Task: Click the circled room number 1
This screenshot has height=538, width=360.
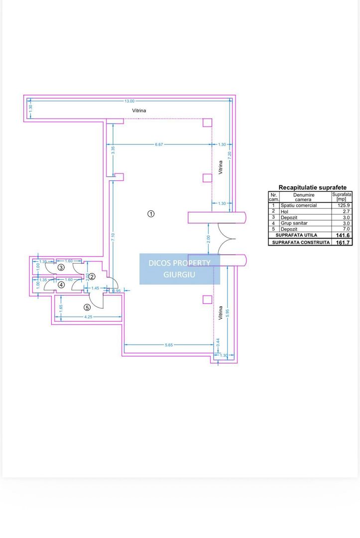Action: click(151, 214)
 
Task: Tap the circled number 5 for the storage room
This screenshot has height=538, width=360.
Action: click(87, 307)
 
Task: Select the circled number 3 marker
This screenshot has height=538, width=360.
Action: click(61, 268)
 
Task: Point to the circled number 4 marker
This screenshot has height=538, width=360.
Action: click(61, 285)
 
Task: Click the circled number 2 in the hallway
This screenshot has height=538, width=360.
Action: click(92, 276)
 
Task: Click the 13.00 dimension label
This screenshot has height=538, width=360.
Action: click(129, 101)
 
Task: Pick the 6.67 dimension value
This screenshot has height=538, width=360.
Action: click(159, 144)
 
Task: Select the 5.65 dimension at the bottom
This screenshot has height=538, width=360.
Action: click(169, 345)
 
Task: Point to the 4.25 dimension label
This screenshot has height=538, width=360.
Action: click(88, 317)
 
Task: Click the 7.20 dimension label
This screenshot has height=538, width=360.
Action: click(231, 155)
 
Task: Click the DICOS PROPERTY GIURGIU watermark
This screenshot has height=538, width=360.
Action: click(179, 269)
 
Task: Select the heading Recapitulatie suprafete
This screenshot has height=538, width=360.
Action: click(312, 187)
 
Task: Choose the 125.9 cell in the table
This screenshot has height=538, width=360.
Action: click(344, 205)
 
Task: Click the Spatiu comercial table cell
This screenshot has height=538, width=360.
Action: click(299, 205)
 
